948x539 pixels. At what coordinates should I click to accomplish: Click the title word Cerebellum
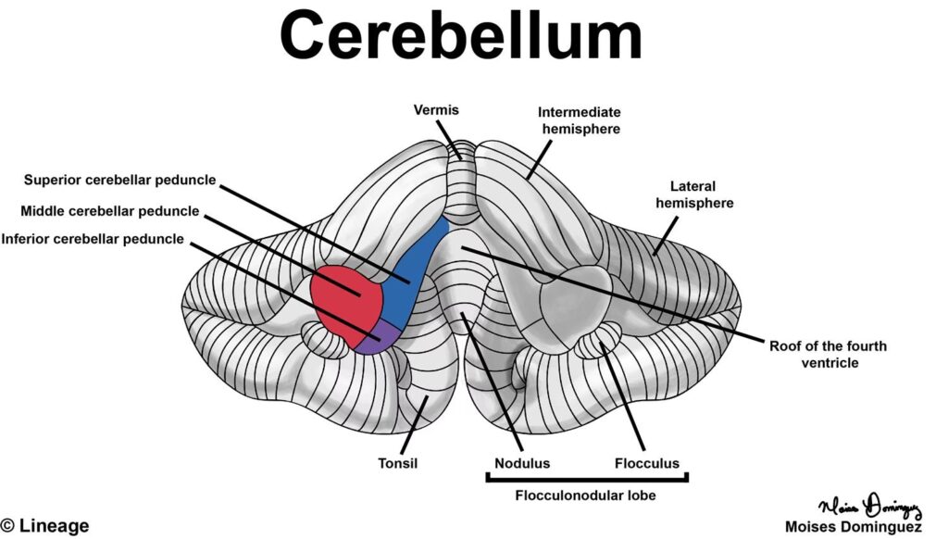pos(460,38)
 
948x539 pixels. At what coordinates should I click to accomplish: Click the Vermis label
pos(435,110)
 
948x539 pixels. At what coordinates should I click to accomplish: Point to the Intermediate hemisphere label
pos(579,120)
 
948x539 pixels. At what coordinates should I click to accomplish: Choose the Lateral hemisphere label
pos(695,194)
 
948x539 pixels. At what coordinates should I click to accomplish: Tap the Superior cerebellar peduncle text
pos(119,180)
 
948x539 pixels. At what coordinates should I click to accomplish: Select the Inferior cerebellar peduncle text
pos(93,239)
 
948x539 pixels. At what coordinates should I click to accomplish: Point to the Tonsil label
pos(399,463)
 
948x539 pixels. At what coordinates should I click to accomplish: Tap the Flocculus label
pos(647,463)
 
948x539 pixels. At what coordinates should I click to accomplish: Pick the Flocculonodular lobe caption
pos(586,495)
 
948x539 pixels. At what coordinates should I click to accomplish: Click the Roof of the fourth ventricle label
pos(828,355)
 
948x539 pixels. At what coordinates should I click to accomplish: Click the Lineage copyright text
pos(46,526)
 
